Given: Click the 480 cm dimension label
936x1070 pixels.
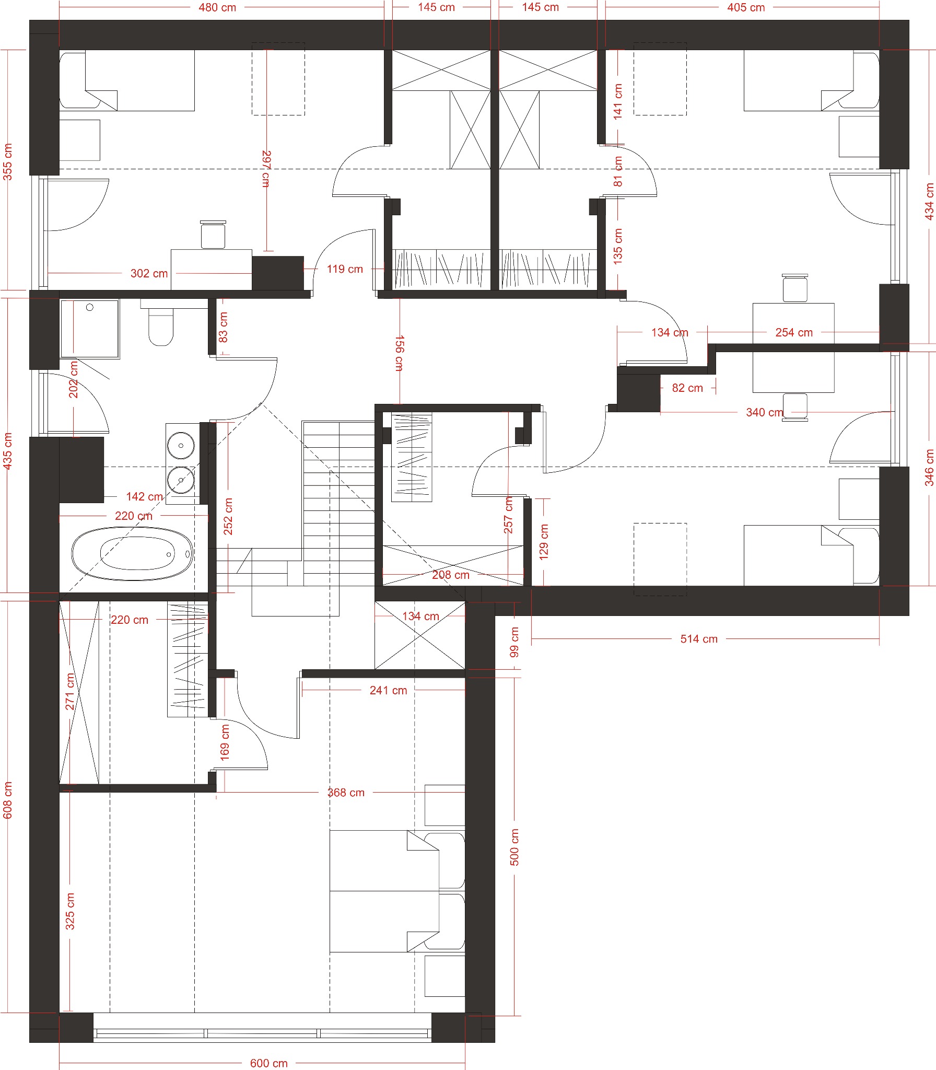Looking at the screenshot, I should pos(217,7).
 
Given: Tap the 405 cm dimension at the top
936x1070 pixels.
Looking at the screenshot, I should pos(746,7).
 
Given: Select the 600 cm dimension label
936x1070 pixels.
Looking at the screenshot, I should pos(268,1063).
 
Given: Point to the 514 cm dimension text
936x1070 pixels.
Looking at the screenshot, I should pos(699,638).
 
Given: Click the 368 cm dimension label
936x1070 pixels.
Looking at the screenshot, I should pos(346,792).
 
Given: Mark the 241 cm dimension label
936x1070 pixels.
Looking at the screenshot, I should pos(388,690).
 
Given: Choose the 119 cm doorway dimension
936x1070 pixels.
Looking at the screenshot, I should pos(345,269).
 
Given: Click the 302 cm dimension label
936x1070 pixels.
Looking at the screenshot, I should pos(149,273).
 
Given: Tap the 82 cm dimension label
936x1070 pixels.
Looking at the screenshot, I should pos(687,388).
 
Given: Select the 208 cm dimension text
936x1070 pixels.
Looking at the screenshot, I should pos(450,575).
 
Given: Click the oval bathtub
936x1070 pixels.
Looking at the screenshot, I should pos(133,554).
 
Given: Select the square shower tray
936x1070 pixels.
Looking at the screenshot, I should pos(89,329).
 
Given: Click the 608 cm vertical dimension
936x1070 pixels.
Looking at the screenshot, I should pos(7,800).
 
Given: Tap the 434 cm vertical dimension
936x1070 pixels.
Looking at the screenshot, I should pos(929,201).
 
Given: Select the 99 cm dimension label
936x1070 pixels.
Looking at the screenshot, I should pos(514,642).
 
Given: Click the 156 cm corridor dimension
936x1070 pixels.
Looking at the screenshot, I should pos(399,353).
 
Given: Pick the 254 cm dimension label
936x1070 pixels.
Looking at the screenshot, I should pos(794,332).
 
